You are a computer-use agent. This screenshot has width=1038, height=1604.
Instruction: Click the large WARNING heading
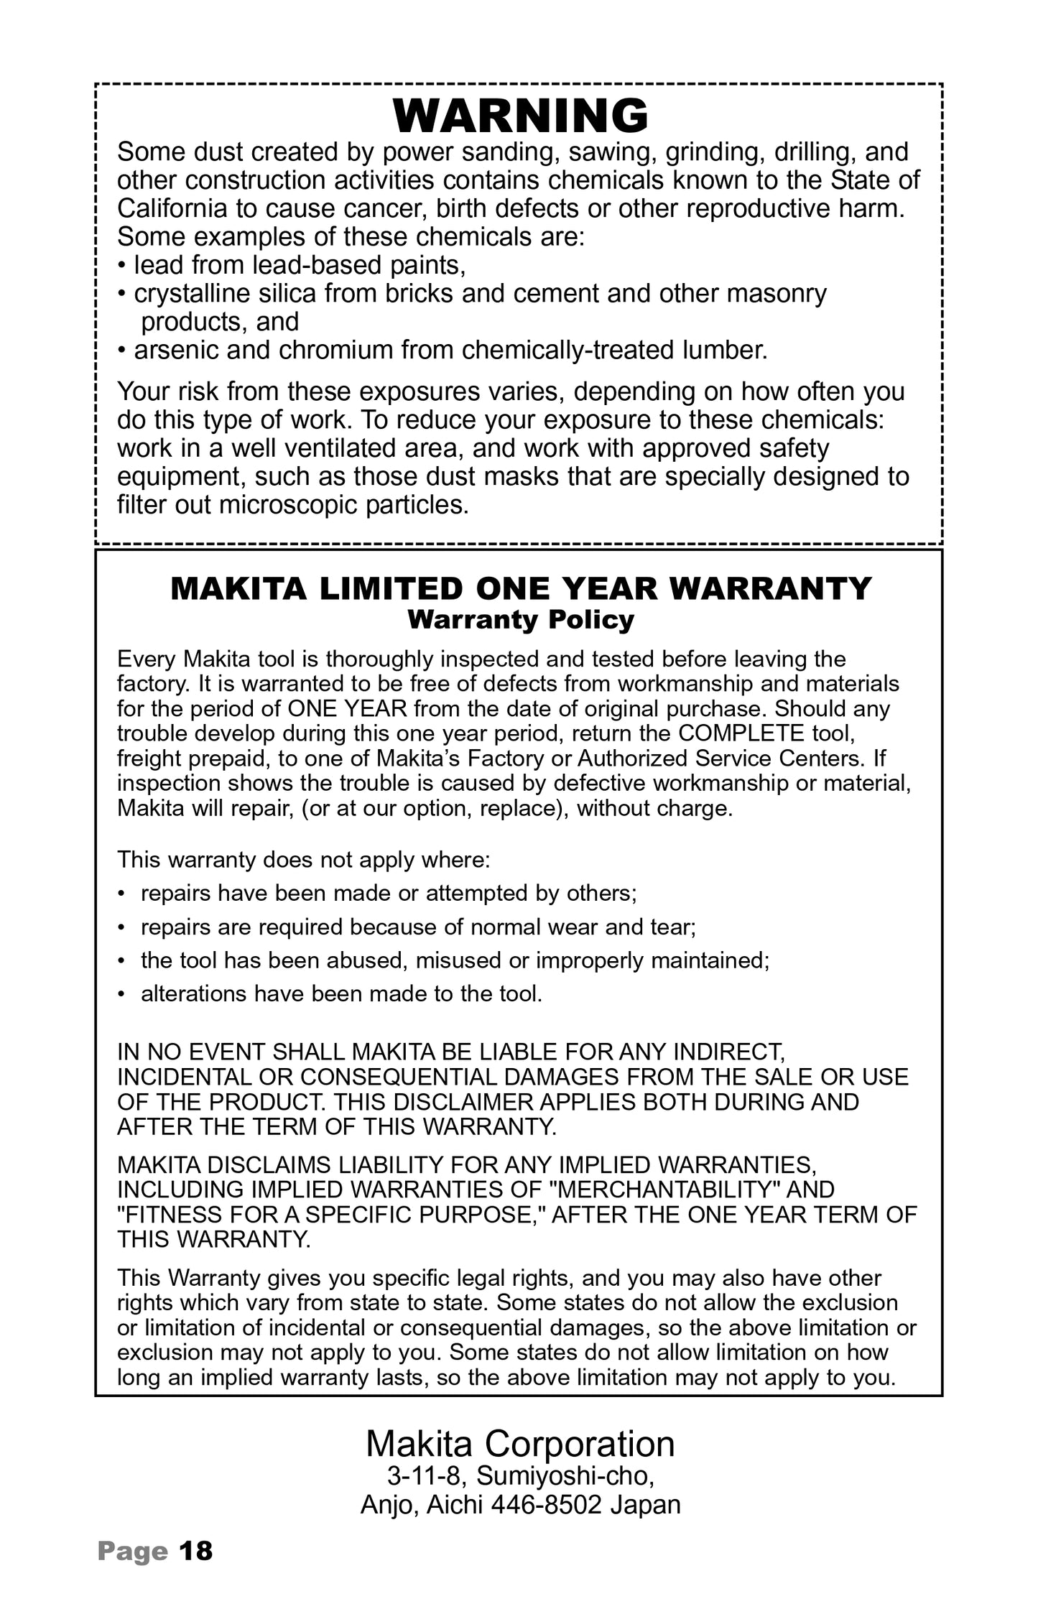pos(521,116)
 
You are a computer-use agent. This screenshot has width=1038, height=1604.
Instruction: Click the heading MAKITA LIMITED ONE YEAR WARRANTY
pos(521,589)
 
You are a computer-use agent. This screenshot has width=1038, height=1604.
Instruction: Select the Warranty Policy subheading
pos(521,620)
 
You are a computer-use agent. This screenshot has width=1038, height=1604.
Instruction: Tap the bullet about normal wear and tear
pos(418,927)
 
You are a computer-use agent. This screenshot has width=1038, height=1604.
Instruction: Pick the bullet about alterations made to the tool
pos(341,993)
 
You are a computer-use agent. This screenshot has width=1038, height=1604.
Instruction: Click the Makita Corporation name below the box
pos(520,1444)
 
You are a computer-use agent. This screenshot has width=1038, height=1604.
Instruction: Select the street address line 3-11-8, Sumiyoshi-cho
pos(520,1476)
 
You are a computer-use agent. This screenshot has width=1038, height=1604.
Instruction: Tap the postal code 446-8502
pos(545,1505)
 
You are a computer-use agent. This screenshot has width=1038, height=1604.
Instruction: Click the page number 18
pos(195,1551)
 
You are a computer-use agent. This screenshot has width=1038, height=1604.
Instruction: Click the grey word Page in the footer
pos(133,1552)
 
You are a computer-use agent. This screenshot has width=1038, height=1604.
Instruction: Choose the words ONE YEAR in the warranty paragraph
pos(348,709)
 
